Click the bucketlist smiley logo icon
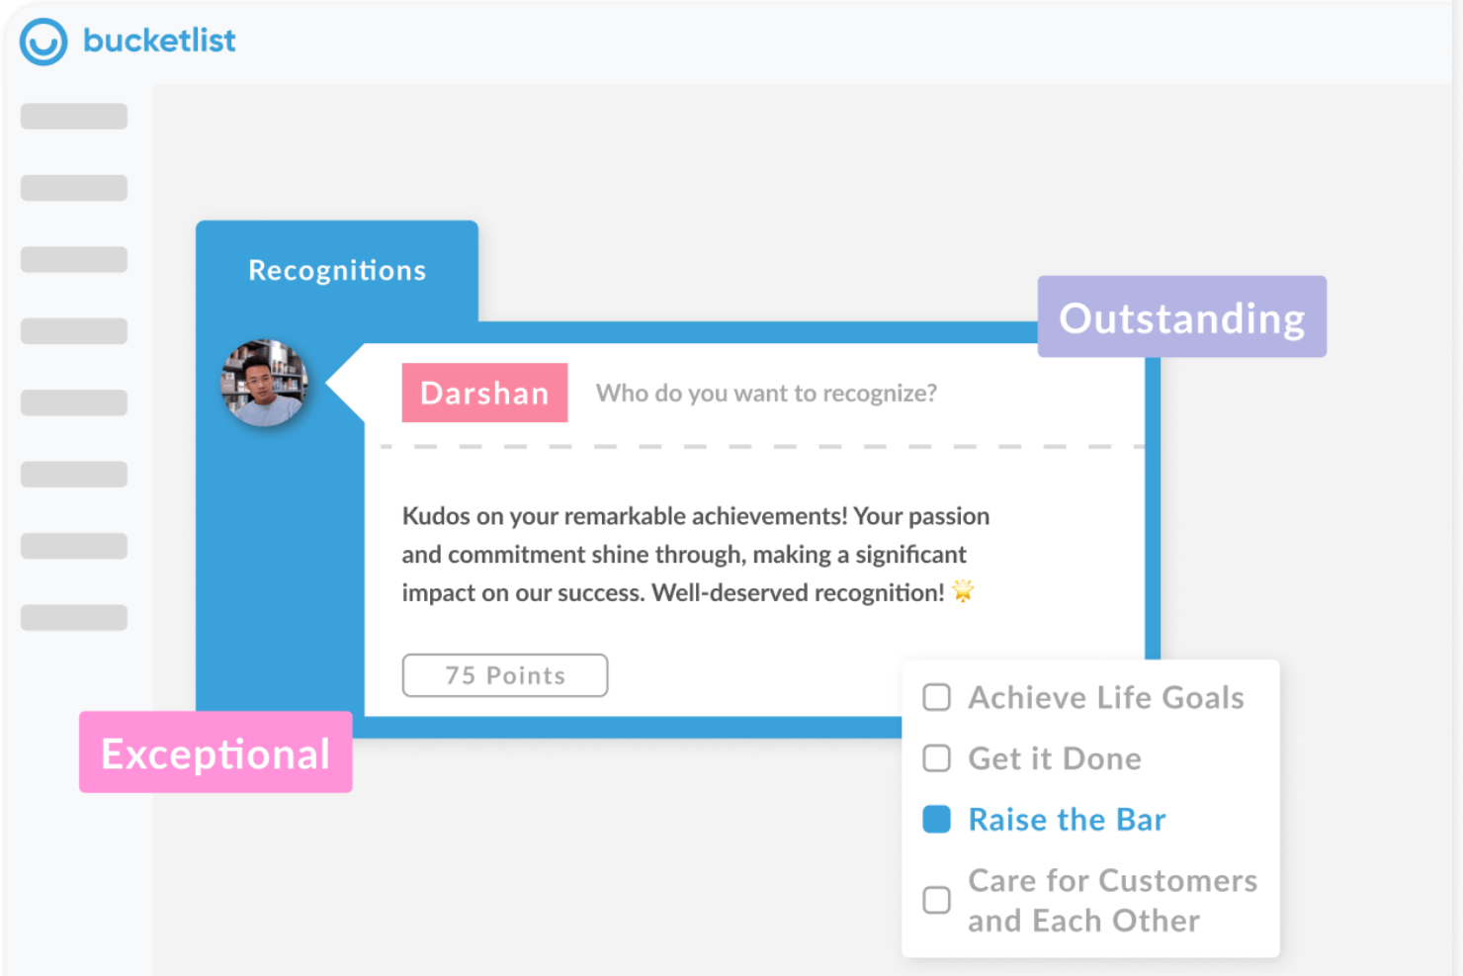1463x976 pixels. click(43, 42)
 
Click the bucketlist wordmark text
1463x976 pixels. click(159, 41)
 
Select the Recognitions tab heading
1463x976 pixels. click(337, 270)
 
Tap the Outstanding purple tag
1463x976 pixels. click(1181, 317)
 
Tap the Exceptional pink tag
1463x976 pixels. click(215, 754)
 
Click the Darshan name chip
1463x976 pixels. click(484, 393)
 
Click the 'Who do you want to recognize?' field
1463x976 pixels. click(766, 394)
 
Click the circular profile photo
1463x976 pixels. click(264, 383)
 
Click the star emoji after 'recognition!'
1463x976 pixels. click(962, 591)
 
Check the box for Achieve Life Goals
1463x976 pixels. click(936, 697)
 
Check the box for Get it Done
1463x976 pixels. click(936, 758)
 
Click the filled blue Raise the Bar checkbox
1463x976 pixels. click(936, 820)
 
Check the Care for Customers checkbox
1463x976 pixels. click(936, 900)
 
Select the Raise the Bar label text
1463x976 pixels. click(1067, 820)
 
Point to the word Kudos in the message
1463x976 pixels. click(436, 516)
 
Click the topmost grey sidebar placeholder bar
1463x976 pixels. click(74, 117)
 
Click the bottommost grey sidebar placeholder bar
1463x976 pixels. click(74, 618)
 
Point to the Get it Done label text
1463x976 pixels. click(1055, 758)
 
